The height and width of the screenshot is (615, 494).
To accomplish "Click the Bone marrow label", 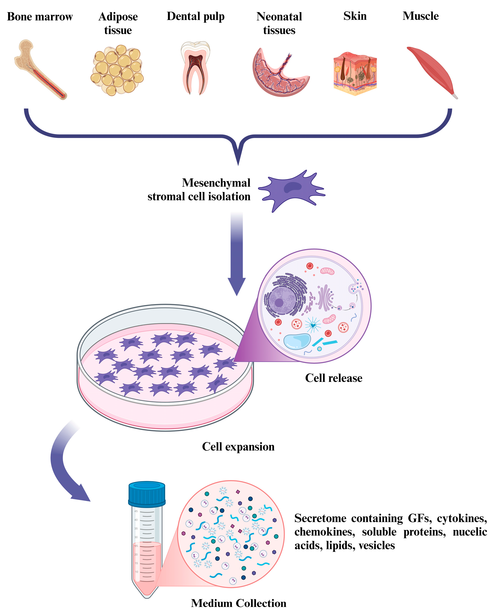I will pos(40,17).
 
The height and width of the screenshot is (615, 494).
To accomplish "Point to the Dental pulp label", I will pos(196,17).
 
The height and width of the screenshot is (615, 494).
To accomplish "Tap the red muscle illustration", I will pos(432,71).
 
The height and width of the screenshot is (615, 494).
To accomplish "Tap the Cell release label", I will pos(334,378).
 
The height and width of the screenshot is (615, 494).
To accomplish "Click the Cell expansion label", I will pos(238,446).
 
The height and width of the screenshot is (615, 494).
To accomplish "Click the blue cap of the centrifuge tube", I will pos(147,493).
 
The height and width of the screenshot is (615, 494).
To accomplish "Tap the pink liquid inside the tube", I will pos(147,568).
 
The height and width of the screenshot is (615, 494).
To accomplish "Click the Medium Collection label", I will pos(239,603).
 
